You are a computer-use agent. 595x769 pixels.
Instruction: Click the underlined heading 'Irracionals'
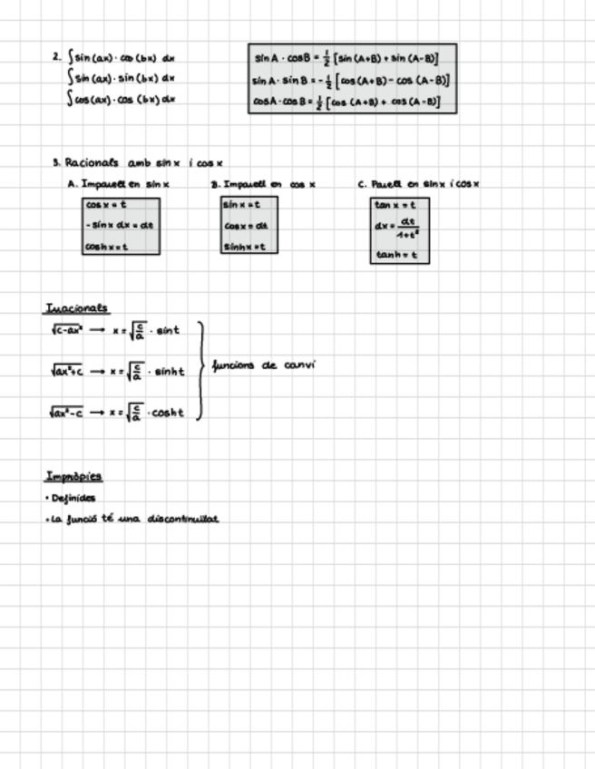pos(76,307)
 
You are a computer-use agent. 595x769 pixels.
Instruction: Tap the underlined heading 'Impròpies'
pos(73,476)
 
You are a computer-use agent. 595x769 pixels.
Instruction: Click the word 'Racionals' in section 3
pos(92,163)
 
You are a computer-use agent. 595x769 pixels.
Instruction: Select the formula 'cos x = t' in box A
pos(106,205)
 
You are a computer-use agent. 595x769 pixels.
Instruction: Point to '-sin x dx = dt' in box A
pos(120,225)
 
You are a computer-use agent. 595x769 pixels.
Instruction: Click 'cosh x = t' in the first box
pos(107,246)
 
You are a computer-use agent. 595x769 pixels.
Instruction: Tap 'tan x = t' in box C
pos(395,205)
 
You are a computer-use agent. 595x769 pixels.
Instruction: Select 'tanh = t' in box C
pos(395,255)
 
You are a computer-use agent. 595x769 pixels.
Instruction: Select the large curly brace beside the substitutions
pos(200,370)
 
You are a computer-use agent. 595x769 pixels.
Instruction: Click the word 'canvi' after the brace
pos(299,365)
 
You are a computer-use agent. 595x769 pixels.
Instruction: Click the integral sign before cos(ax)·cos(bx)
pos(70,99)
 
